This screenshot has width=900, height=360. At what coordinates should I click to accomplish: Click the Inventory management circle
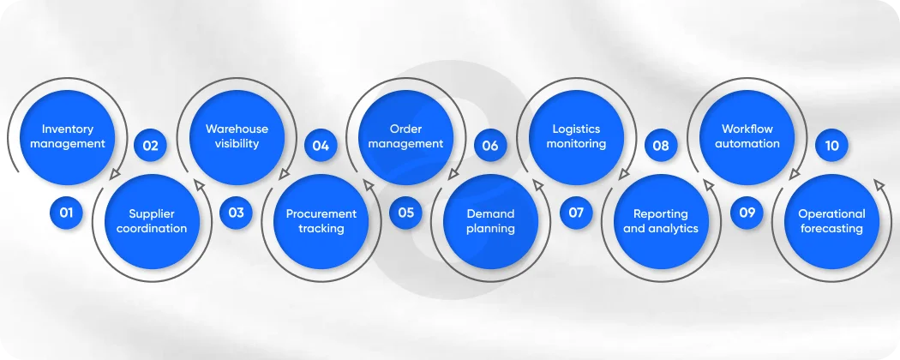[x=68, y=137]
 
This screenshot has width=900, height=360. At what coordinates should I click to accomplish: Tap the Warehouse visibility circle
[x=237, y=137]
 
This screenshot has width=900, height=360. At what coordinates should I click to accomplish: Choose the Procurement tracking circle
[x=321, y=221]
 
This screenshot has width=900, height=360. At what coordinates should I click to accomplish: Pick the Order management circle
[x=405, y=137]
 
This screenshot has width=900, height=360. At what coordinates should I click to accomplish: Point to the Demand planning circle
[x=491, y=221]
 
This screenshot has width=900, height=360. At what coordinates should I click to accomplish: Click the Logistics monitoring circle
[x=576, y=137]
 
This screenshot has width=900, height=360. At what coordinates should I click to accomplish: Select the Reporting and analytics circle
[x=661, y=221]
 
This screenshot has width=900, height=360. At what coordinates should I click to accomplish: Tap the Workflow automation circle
[x=747, y=137]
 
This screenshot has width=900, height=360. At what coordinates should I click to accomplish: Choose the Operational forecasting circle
[x=831, y=221]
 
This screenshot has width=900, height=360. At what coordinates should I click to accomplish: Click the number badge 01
[x=66, y=213]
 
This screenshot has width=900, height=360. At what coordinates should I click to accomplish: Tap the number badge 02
[x=151, y=146]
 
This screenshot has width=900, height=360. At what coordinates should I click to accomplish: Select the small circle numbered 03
[x=236, y=213]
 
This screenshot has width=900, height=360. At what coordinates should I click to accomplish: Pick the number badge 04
[x=321, y=146]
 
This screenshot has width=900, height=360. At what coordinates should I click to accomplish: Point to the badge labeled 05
[x=405, y=213]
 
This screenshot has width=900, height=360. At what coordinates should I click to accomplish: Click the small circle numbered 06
[x=490, y=146]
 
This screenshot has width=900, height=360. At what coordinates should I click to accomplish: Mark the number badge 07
[x=576, y=213]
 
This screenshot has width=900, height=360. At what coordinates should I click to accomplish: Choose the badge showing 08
[x=661, y=146]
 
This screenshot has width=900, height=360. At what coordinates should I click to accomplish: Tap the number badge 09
[x=747, y=213]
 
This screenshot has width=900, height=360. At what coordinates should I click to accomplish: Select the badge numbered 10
[x=831, y=146]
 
